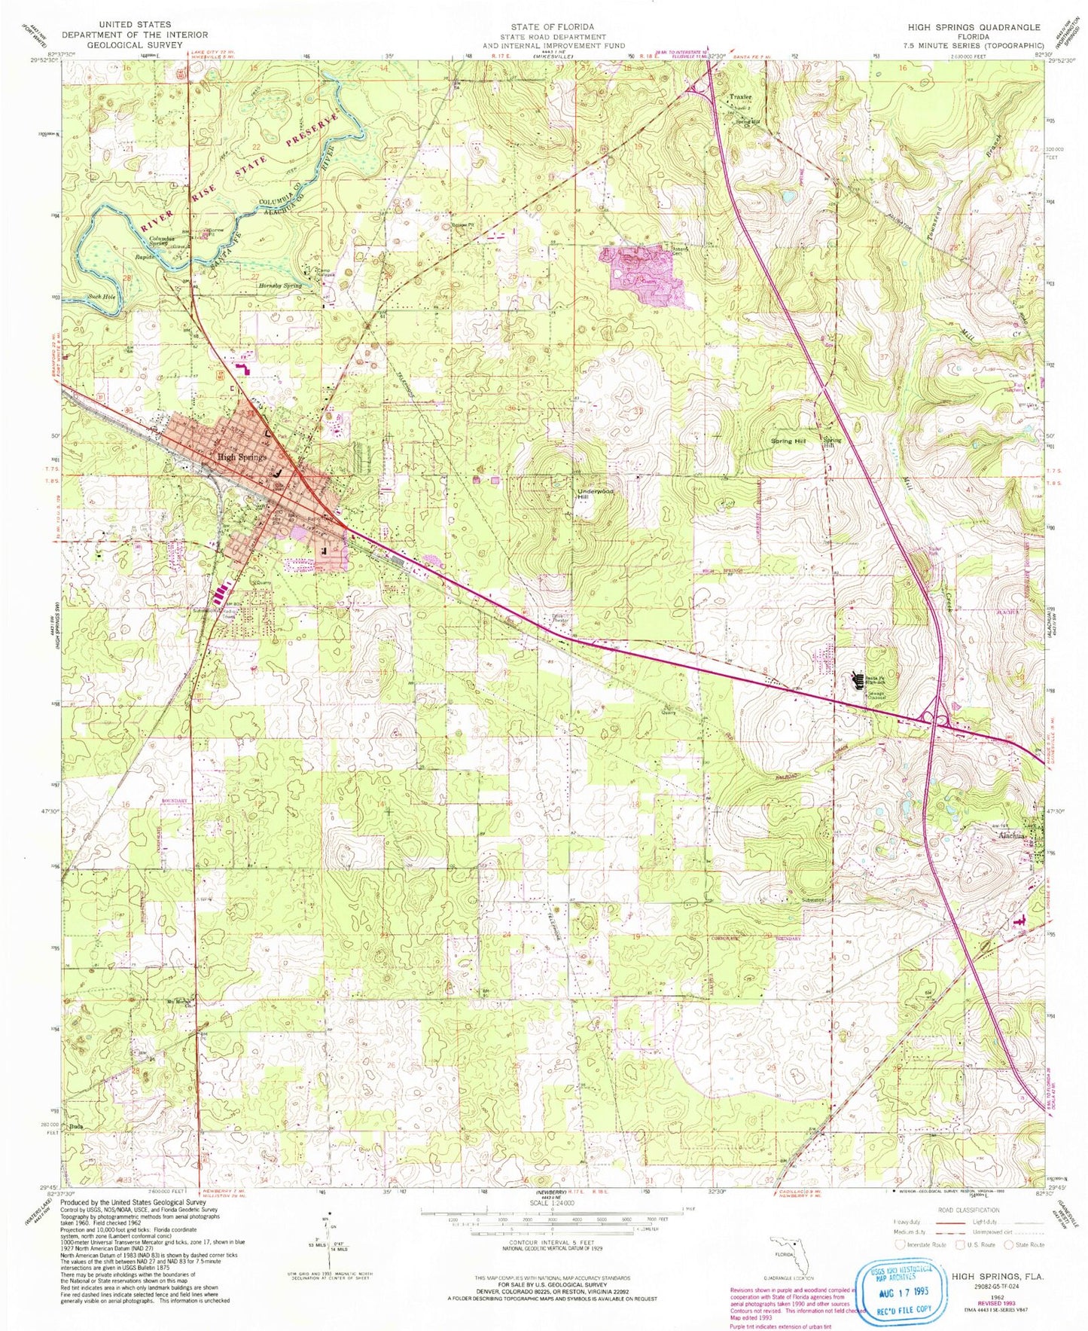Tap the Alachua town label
(1012, 836)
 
